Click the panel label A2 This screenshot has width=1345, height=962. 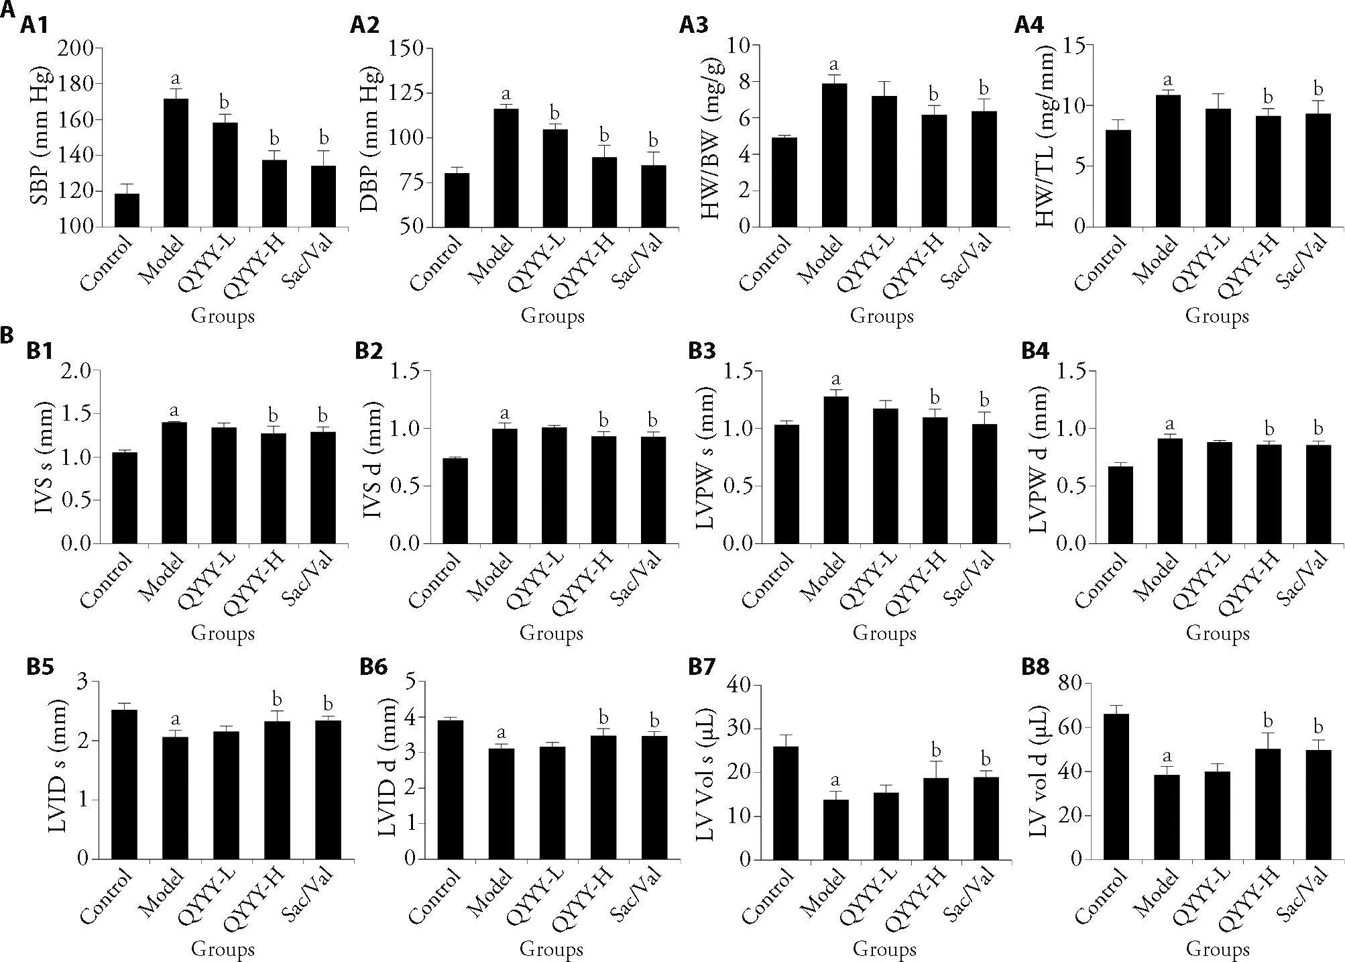click(365, 25)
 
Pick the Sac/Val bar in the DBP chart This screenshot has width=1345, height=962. click(653, 196)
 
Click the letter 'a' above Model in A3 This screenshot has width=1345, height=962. click(835, 65)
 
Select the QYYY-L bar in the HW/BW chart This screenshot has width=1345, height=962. click(884, 161)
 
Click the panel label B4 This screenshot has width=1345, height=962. click(1036, 351)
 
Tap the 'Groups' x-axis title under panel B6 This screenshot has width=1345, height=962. click(552, 949)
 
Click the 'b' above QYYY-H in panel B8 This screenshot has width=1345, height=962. click(1268, 722)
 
